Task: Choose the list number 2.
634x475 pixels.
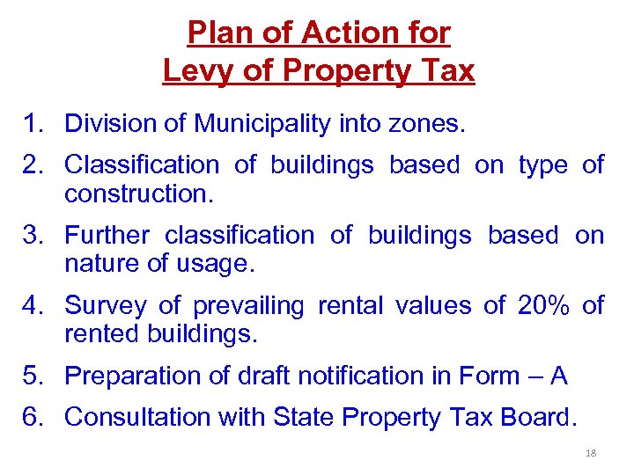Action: pos(35,164)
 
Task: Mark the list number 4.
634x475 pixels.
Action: pos(35,305)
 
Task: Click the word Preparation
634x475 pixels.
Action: pos(131,376)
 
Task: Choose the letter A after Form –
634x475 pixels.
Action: pos(557,376)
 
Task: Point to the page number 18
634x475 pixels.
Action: pos(591,453)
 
